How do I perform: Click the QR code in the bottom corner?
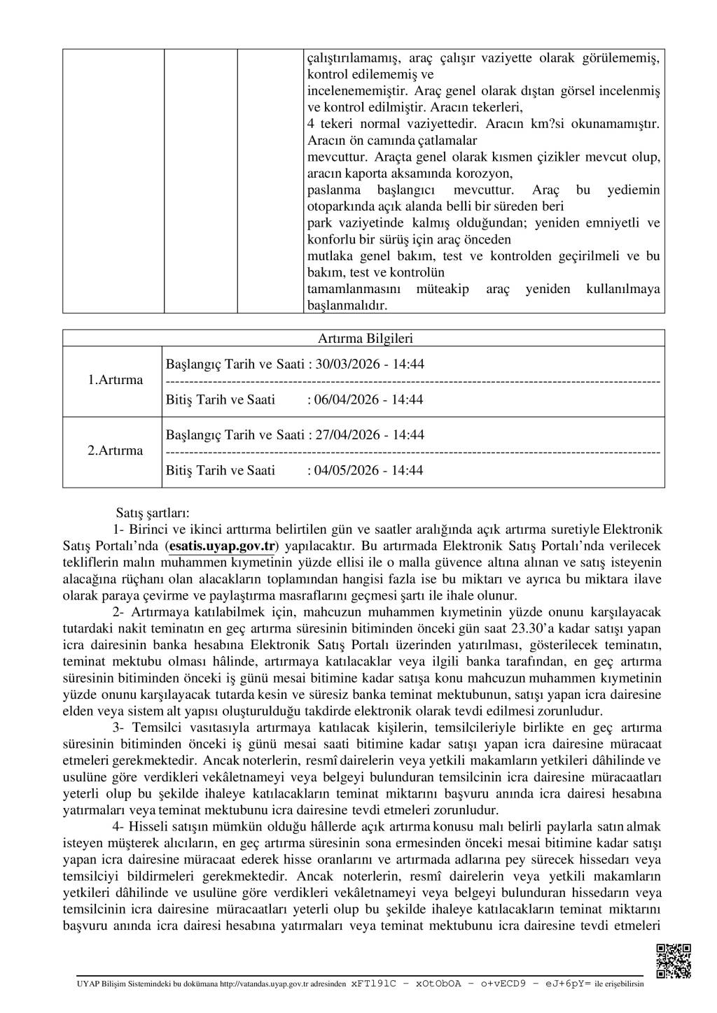[x=674, y=961]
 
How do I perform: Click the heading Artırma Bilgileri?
[x=365, y=339]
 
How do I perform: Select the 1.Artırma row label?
[x=115, y=380]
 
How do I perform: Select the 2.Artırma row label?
[x=115, y=451]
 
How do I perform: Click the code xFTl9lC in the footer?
[x=373, y=983]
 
